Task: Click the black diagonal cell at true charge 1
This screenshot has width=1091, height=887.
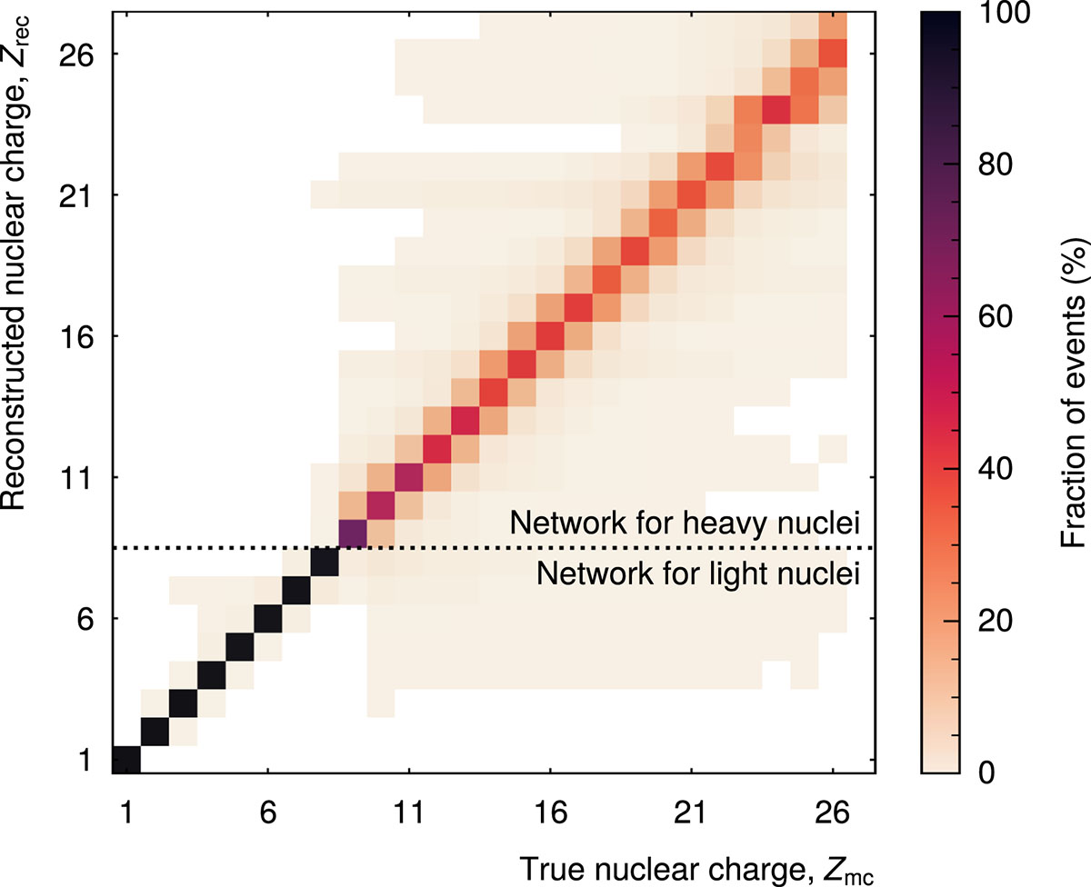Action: tap(126, 759)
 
